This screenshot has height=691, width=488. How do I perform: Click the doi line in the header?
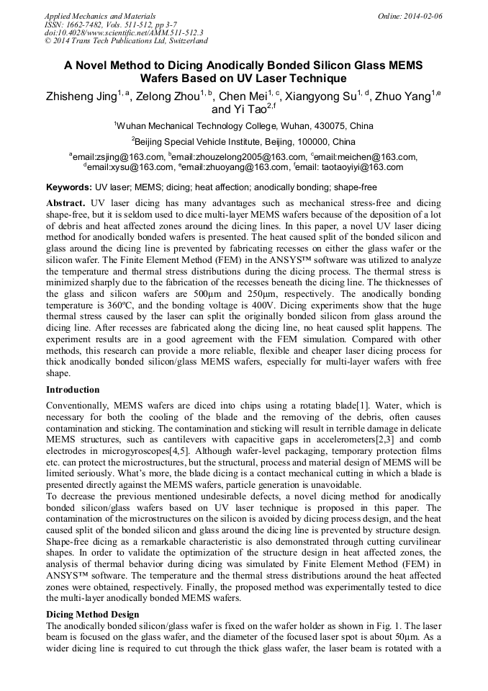[x=124, y=32]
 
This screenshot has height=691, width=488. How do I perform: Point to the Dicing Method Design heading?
[x=92, y=614]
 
